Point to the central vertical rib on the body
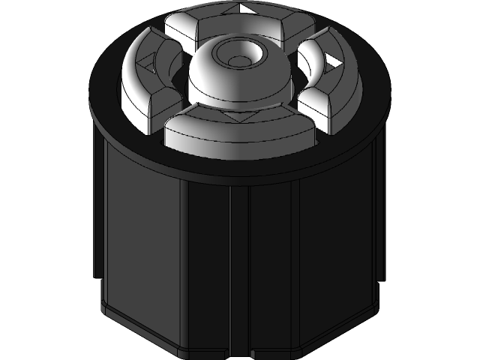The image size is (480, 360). (x=239, y=270)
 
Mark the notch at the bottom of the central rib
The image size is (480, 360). (x=239, y=352)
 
